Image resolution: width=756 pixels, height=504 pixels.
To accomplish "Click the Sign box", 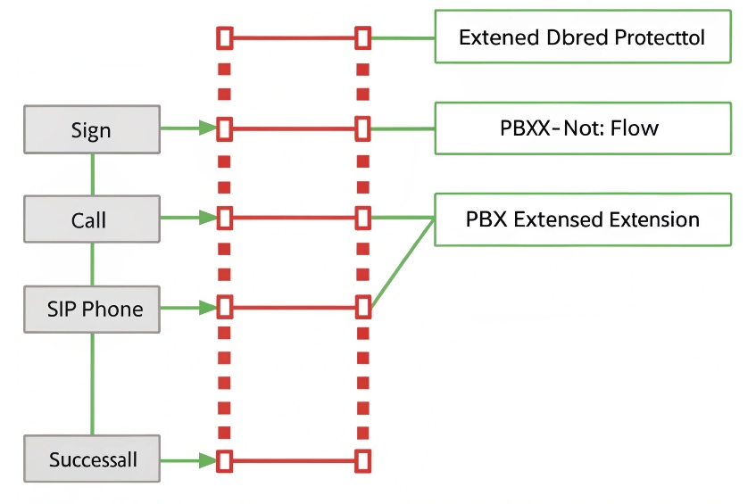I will (92, 129).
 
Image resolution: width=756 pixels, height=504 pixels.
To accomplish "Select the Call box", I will (92, 219).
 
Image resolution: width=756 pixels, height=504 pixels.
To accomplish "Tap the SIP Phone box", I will (92, 309).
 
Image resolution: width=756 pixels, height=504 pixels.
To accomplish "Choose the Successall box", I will (92, 460).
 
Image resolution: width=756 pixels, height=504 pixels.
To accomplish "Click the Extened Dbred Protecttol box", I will (582, 37).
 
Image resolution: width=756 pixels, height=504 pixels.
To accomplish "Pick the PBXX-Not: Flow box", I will (582, 128).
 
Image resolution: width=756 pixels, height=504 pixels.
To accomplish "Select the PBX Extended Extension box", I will (582, 219).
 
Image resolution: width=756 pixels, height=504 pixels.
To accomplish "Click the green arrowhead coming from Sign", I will (209, 128).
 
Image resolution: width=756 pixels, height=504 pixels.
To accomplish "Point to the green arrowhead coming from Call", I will (209, 218).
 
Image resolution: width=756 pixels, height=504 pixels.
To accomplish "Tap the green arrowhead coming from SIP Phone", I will (209, 308).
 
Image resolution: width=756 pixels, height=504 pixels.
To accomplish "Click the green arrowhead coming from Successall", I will (209, 460).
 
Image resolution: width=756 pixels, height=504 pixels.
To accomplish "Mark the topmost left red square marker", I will (224, 37).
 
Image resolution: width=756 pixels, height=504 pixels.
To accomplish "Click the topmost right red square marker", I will (362, 37).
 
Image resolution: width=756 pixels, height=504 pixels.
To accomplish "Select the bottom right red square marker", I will (362, 460).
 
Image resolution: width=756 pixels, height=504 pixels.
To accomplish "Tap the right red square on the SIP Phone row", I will (362, 308).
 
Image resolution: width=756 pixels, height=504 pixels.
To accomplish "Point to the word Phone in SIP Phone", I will (112, 309).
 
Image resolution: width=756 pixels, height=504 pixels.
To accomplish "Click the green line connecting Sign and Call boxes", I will (93, 174).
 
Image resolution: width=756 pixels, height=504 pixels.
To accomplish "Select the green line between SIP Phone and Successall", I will (93, 384).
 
